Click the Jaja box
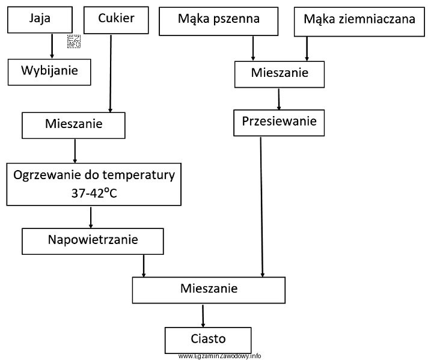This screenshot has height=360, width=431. pos(40,19)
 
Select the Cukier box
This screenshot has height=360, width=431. pos(124,19)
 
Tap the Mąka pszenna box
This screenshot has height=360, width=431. pos(219,20)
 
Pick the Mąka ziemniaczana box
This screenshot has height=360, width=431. pos(359,20)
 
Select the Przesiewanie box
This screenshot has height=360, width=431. pos(279,123)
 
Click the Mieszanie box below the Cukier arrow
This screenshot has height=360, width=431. pos(73,126)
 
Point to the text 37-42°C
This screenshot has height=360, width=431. pos(94,194)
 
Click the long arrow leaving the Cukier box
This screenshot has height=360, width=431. pos(110,72)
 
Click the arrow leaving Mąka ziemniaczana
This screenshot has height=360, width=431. pos(307,48)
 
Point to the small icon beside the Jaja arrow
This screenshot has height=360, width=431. pos(74,40)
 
